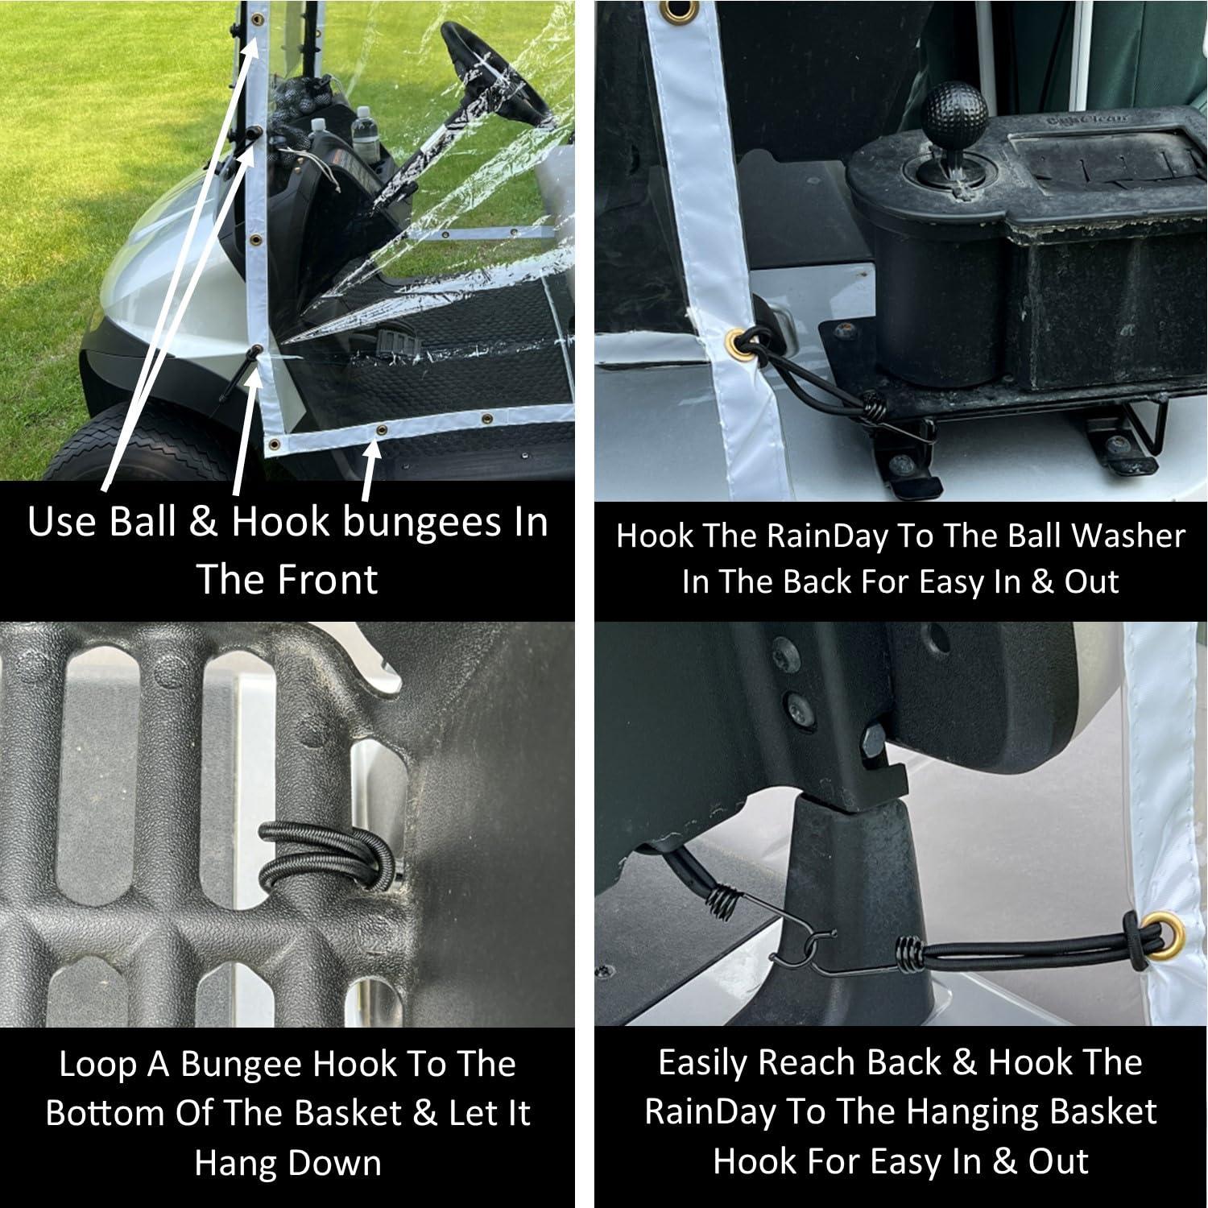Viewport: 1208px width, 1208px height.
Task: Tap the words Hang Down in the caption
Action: point(288,1164)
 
